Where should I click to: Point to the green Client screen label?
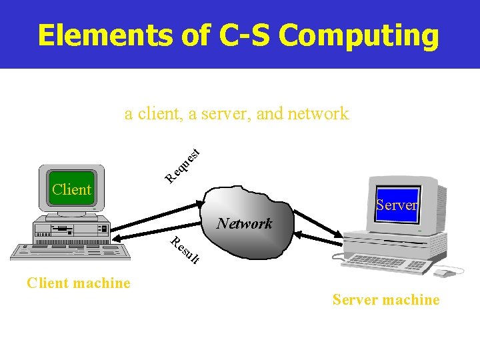coord(71,189)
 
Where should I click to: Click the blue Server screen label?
coord(397,205)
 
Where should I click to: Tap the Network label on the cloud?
coord(244,223)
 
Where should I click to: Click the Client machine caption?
coord(78,283)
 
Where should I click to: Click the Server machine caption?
coord(386,300)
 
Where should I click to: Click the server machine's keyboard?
coord(386,263)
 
